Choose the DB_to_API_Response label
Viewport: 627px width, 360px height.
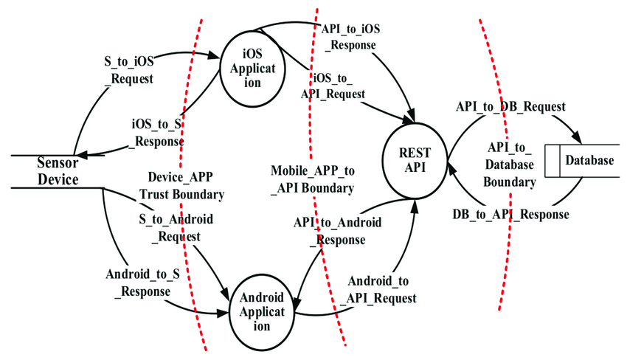point(510,215)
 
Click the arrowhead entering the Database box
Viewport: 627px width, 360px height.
point(580,139)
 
